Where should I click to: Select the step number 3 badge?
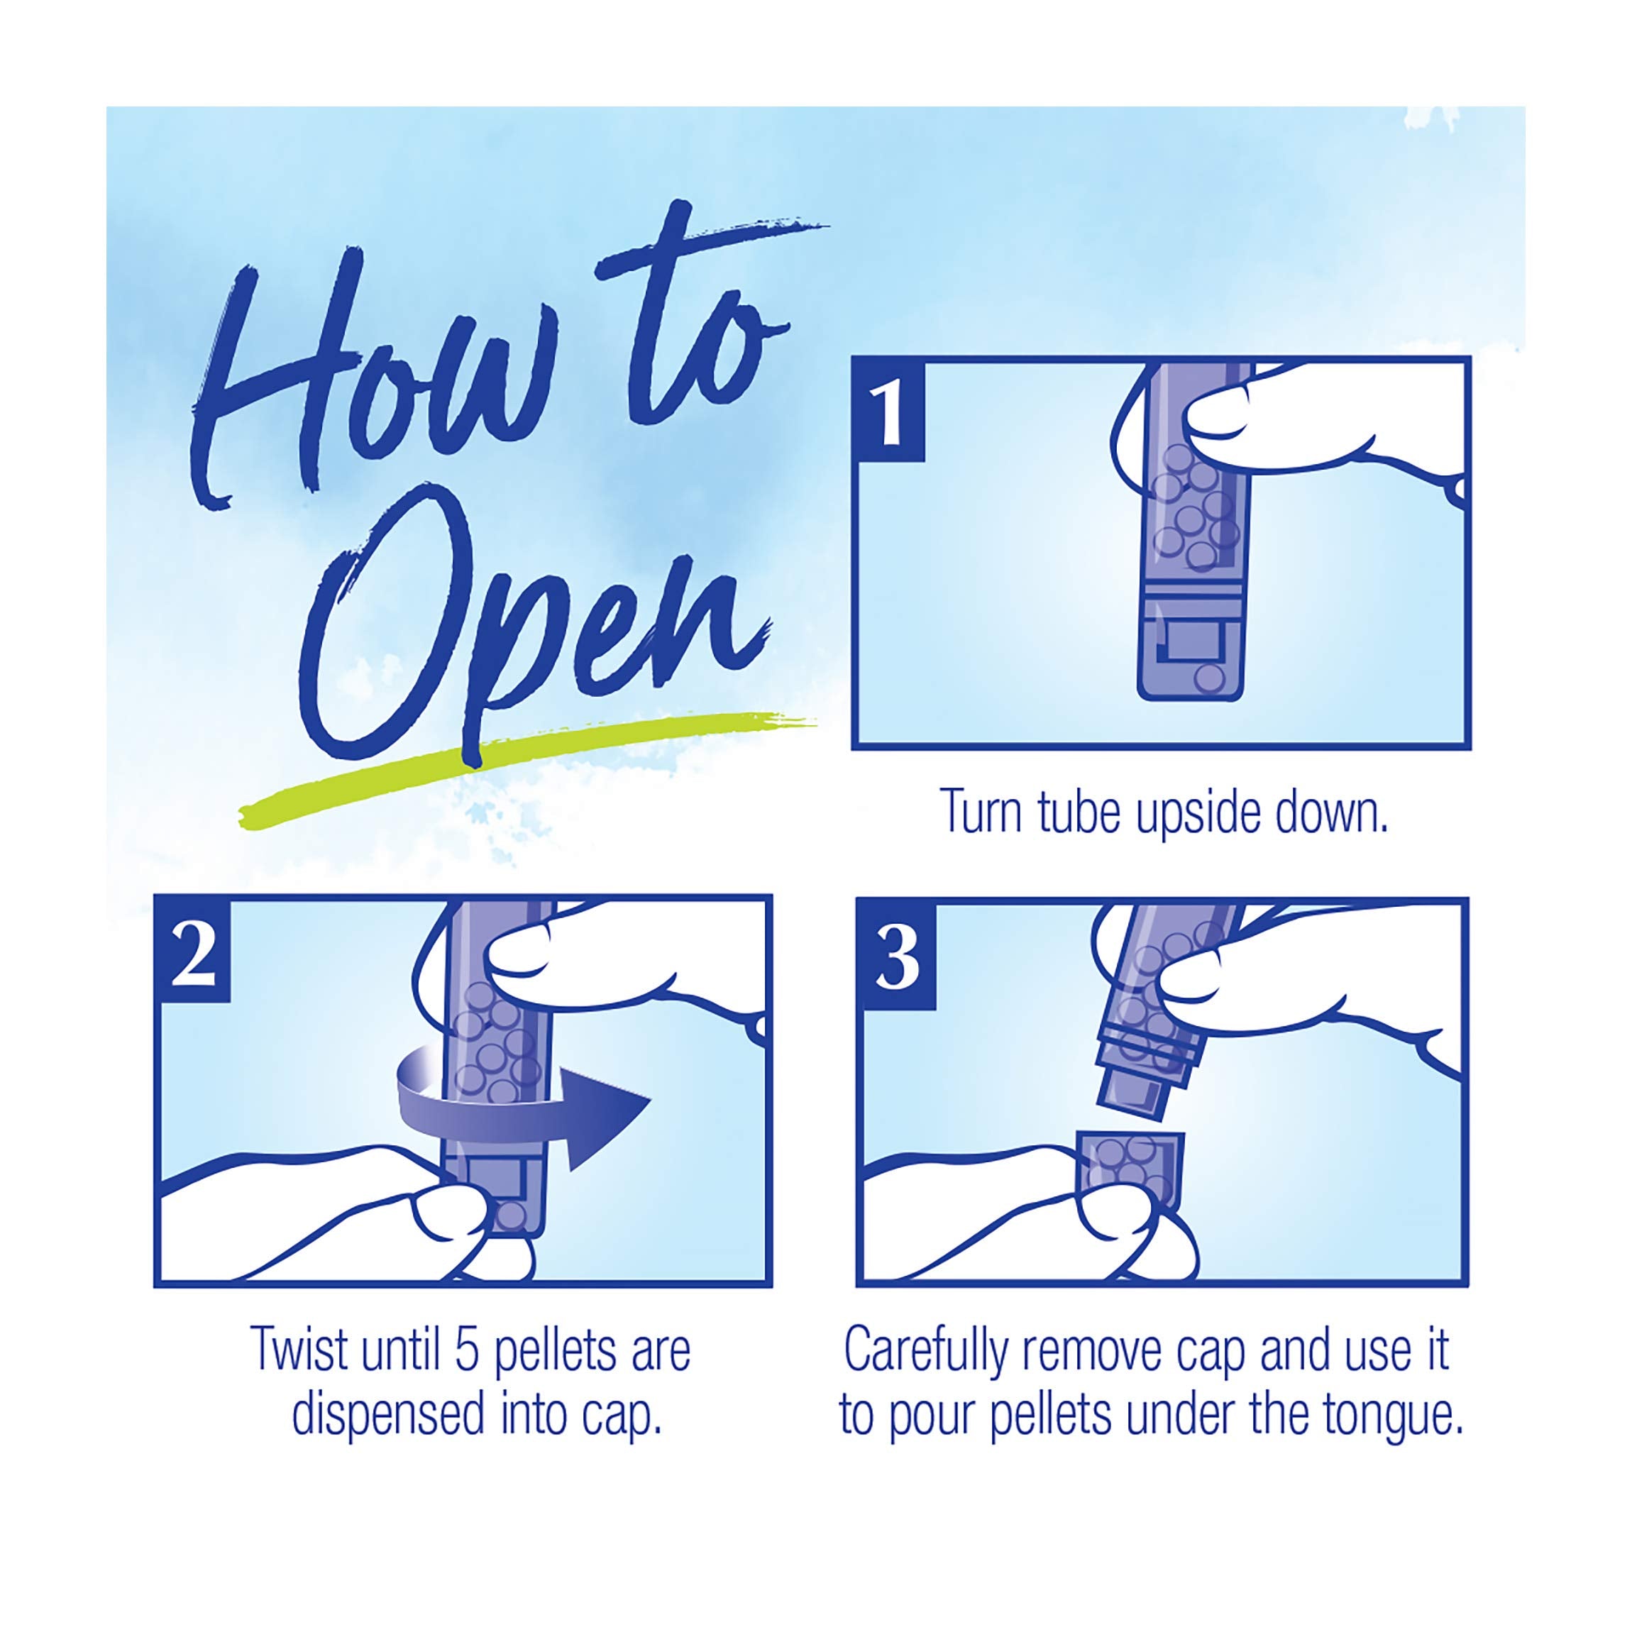click(897, 955)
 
